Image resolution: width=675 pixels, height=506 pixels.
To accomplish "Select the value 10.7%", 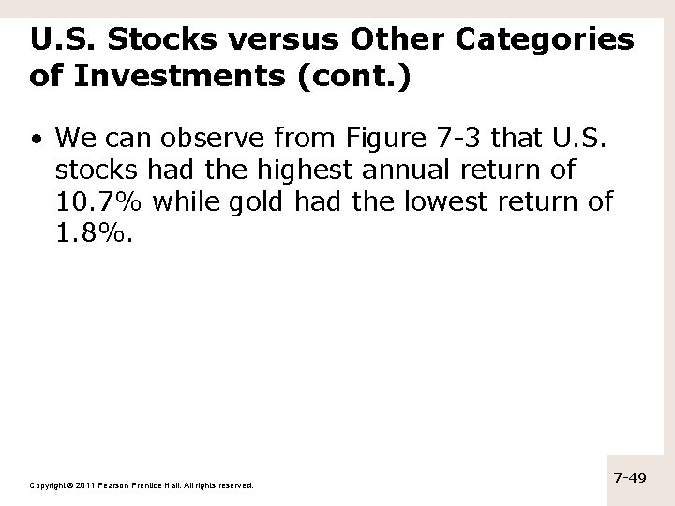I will [95, 202].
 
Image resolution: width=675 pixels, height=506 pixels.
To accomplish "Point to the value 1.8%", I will [94, 232].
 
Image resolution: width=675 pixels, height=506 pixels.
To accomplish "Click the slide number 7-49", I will [630, 479].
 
